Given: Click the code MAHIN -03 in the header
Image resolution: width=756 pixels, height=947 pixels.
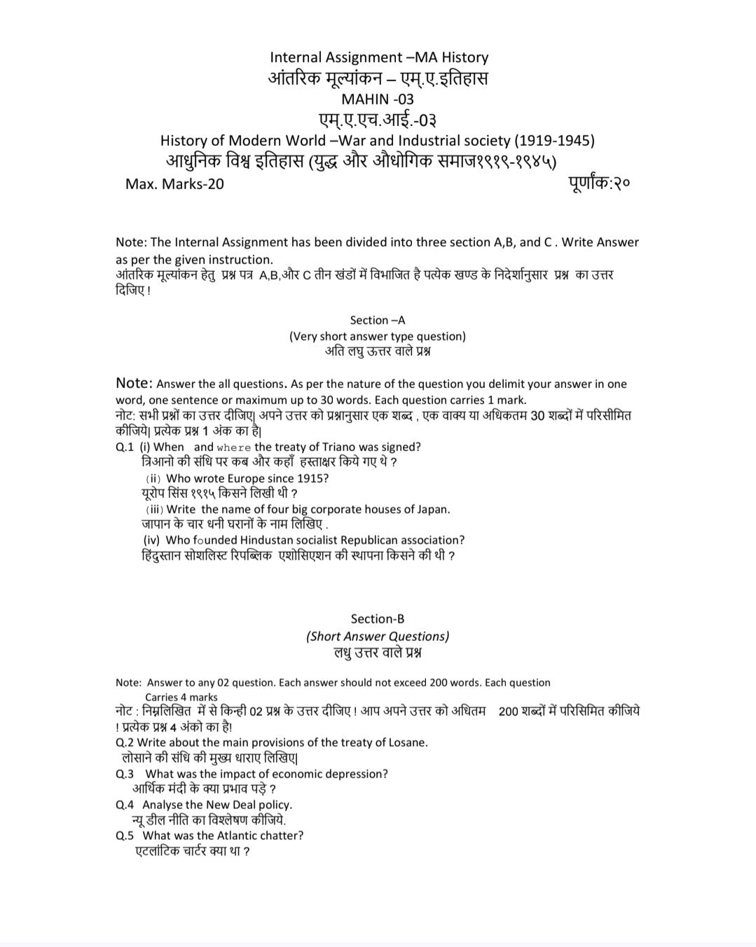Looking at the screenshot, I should (378, 99).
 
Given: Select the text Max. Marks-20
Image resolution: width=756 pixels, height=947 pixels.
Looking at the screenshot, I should (174, 184).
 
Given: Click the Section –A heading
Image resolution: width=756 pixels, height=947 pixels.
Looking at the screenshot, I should (378, 320).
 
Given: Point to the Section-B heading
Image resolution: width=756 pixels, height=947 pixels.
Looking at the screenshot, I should (378, 618).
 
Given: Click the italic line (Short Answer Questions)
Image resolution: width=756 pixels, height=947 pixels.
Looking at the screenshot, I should (378, 636).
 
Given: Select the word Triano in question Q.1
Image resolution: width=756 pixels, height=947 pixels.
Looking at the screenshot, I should (338, 447).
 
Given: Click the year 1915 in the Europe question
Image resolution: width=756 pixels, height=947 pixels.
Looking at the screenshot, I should (312, 478).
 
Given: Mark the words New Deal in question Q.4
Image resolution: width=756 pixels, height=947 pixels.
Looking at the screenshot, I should (231, 805).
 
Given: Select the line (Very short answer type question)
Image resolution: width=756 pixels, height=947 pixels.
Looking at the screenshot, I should (378, 336).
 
